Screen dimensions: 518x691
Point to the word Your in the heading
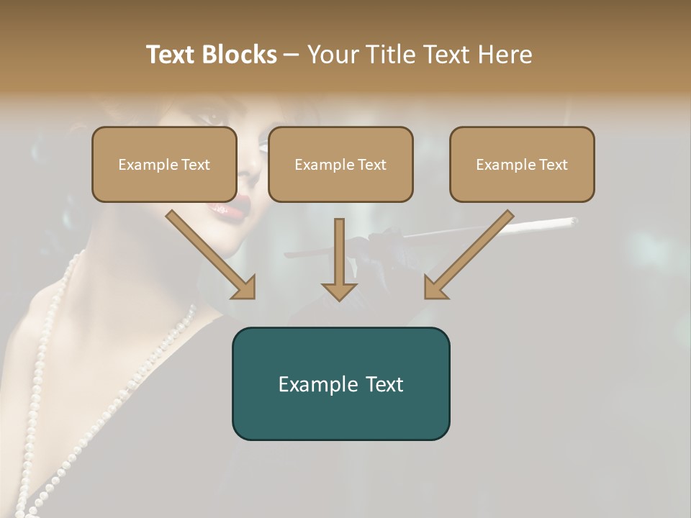pos(332,55)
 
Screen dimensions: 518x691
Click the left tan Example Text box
pos(164,164)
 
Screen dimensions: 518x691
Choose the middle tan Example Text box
pos(340,164)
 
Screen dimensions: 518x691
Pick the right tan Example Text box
pos(522,164)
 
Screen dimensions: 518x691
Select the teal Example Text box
pos(340,383)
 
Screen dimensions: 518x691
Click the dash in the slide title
pos(292,55)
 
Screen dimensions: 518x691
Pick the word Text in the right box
pos(553,164)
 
